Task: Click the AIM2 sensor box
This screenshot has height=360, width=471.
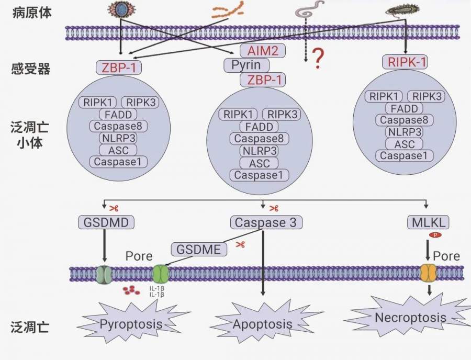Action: [x=262, y=51]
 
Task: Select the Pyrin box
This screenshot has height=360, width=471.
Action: [x=246, y=65]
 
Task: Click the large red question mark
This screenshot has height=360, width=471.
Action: [x=318, y=59]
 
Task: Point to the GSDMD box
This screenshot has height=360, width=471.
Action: [x=106, y=222]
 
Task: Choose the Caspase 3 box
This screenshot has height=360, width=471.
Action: [x=266, y=222]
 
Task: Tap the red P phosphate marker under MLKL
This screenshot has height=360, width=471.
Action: [x=434, y=235]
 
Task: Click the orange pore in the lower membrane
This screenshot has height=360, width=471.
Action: [x=428, y=273]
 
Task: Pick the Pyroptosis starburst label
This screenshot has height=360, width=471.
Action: [x=131, y=324]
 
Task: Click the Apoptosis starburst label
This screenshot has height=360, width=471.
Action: [x=262, y=324]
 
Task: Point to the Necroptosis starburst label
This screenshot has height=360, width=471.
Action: [x=410, y=318]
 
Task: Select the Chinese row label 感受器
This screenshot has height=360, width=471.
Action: [x=31, y=69]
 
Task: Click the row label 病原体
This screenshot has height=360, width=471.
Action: [x=31, y=13]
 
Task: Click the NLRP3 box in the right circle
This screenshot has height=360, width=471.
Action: [x=404, y=132]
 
